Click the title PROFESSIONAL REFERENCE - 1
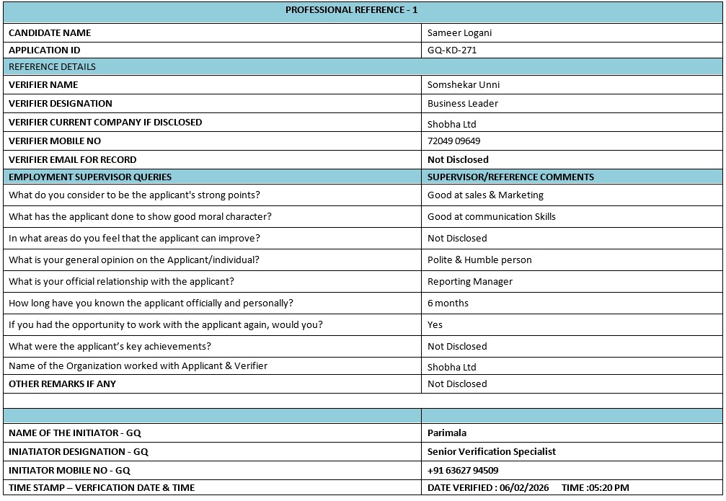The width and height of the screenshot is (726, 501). click(x=351, y=10)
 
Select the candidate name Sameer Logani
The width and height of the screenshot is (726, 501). click(x=459, y=32)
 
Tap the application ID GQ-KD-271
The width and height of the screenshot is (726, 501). click(x=452, y=50)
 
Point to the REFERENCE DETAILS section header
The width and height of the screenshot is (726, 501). click(x=52, y=67)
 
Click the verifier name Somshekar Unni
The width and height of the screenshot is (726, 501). click(x=463, y=84)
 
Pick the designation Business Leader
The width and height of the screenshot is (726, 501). click(x=462, y=103)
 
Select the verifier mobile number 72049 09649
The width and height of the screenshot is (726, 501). click(x=453, y=141)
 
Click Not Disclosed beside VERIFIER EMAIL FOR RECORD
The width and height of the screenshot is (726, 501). click(x=458, y=160)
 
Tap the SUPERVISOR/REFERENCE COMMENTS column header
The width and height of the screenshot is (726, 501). click(x=510, y=177)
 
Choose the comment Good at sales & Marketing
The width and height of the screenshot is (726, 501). click(x=485, y=195)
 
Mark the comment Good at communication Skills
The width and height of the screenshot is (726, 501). click(x=491, y=216)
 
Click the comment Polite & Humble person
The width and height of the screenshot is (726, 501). click(x=479, y=260)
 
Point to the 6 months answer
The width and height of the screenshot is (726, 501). click(x=448, y=303)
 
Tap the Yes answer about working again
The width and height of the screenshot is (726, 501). click(x=435, y=324)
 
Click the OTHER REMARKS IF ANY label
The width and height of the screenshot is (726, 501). click(x=62, y=384)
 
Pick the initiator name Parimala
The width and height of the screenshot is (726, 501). click(x=447, y=433)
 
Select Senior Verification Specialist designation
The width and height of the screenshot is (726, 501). click(x=492, y=452)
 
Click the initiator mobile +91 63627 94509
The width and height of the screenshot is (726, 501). click(x=463, y=471)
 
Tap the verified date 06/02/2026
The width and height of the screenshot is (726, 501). click(x=526, y=488)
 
